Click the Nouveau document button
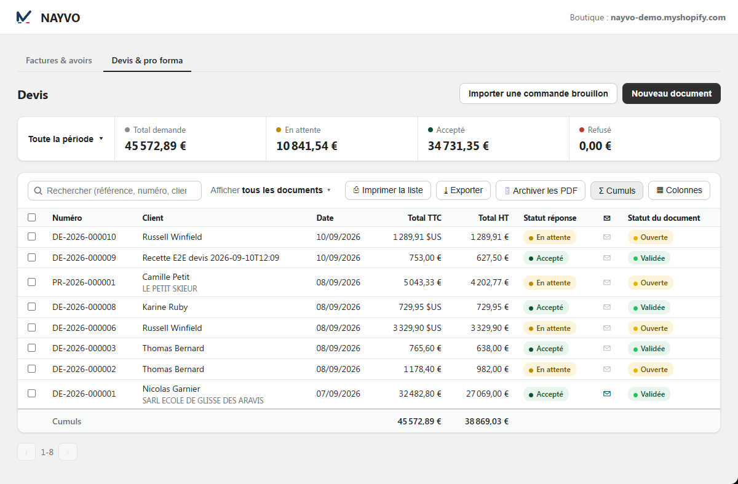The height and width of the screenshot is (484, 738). tap(671, 93)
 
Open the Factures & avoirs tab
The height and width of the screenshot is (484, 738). tap(59, 60)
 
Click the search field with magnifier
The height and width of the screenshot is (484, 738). tap(114, 191)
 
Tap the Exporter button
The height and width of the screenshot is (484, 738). tap(463, 190)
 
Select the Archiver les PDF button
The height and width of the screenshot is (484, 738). tap(541, 191)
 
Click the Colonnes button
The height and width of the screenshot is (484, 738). tap(679, 190)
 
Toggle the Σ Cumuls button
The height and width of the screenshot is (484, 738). tap(616, 191)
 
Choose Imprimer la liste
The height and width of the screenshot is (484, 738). tap(388, 190)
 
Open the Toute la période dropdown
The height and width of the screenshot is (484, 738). tap(66, 139)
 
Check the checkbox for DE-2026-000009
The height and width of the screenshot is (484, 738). tap(31, 257)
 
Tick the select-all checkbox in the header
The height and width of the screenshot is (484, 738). tap(31, 218)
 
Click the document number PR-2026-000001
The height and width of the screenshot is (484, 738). tap(84, 282)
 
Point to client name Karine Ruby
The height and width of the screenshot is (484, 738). tap(165, 307)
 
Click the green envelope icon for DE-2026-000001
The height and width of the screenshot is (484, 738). tap(607, 394)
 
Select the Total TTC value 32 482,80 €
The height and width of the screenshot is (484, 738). tap(419, 394)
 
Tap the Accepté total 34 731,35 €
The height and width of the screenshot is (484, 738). tap(458, 146)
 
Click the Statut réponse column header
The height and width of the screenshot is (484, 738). tap(550, 218)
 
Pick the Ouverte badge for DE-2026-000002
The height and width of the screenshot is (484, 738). tap(651, 370)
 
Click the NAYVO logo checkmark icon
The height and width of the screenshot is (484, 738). tap(24, 17)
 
